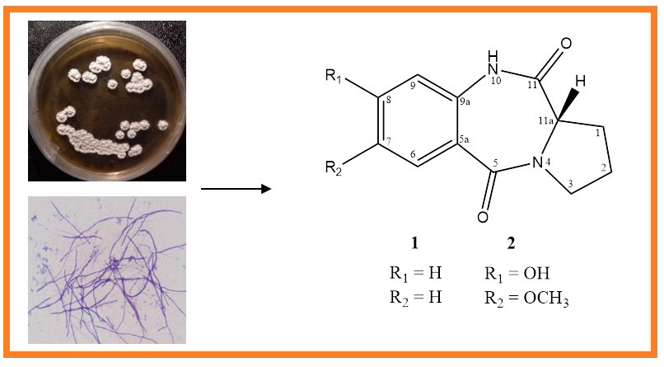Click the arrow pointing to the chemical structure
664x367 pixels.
[236, 189]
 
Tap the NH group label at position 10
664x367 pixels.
[492, 63]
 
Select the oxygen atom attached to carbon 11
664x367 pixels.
[565, 43]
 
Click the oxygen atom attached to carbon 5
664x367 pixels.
[483, 217]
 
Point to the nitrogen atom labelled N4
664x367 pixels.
[537, 162]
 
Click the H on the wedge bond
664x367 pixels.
[580, 81]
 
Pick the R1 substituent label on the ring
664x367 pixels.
[334, 76]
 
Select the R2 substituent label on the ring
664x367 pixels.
[334, 167]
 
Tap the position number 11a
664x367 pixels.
[546, 120]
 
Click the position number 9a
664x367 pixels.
[465, 101]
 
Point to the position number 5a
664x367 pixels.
[464, 139]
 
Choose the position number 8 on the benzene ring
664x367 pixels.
[388, 101]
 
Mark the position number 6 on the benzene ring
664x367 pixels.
[413, 154]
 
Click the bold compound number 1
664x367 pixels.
[414, 242]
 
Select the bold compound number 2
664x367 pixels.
[511, 242]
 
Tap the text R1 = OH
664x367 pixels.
[517, 274]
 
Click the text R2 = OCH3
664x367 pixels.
[526, 299]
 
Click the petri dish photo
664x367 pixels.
[107, 101]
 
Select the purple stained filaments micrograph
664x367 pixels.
[107, 270]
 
